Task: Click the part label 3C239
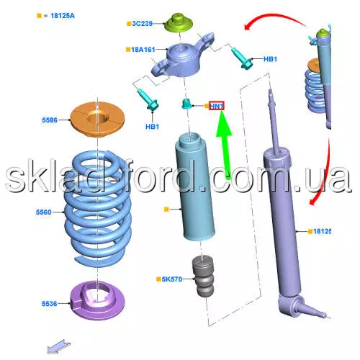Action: coord(143,24)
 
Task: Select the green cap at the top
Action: coord(179,23)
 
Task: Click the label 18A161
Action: coord(143,50)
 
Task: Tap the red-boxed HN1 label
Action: coord(217,106)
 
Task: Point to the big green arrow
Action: coord(225,144)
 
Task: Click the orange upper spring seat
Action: coord(97,120)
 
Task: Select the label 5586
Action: coord(50,120)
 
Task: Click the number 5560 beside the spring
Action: coord(44,212)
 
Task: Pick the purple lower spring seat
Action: coord(97,300)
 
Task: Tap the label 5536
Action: coord(50,304)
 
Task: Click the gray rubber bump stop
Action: coord(203,276)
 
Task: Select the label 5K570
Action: coord(172,279)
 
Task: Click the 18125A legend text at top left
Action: coord(63,16)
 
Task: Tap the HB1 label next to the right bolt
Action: coord(270,59)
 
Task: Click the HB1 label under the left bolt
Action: coord(152,127)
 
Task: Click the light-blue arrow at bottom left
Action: coord(59,346)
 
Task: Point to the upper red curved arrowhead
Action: coord(248,26)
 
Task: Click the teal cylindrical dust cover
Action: coord(195,186)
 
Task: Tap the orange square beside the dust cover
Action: coord(166,210)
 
